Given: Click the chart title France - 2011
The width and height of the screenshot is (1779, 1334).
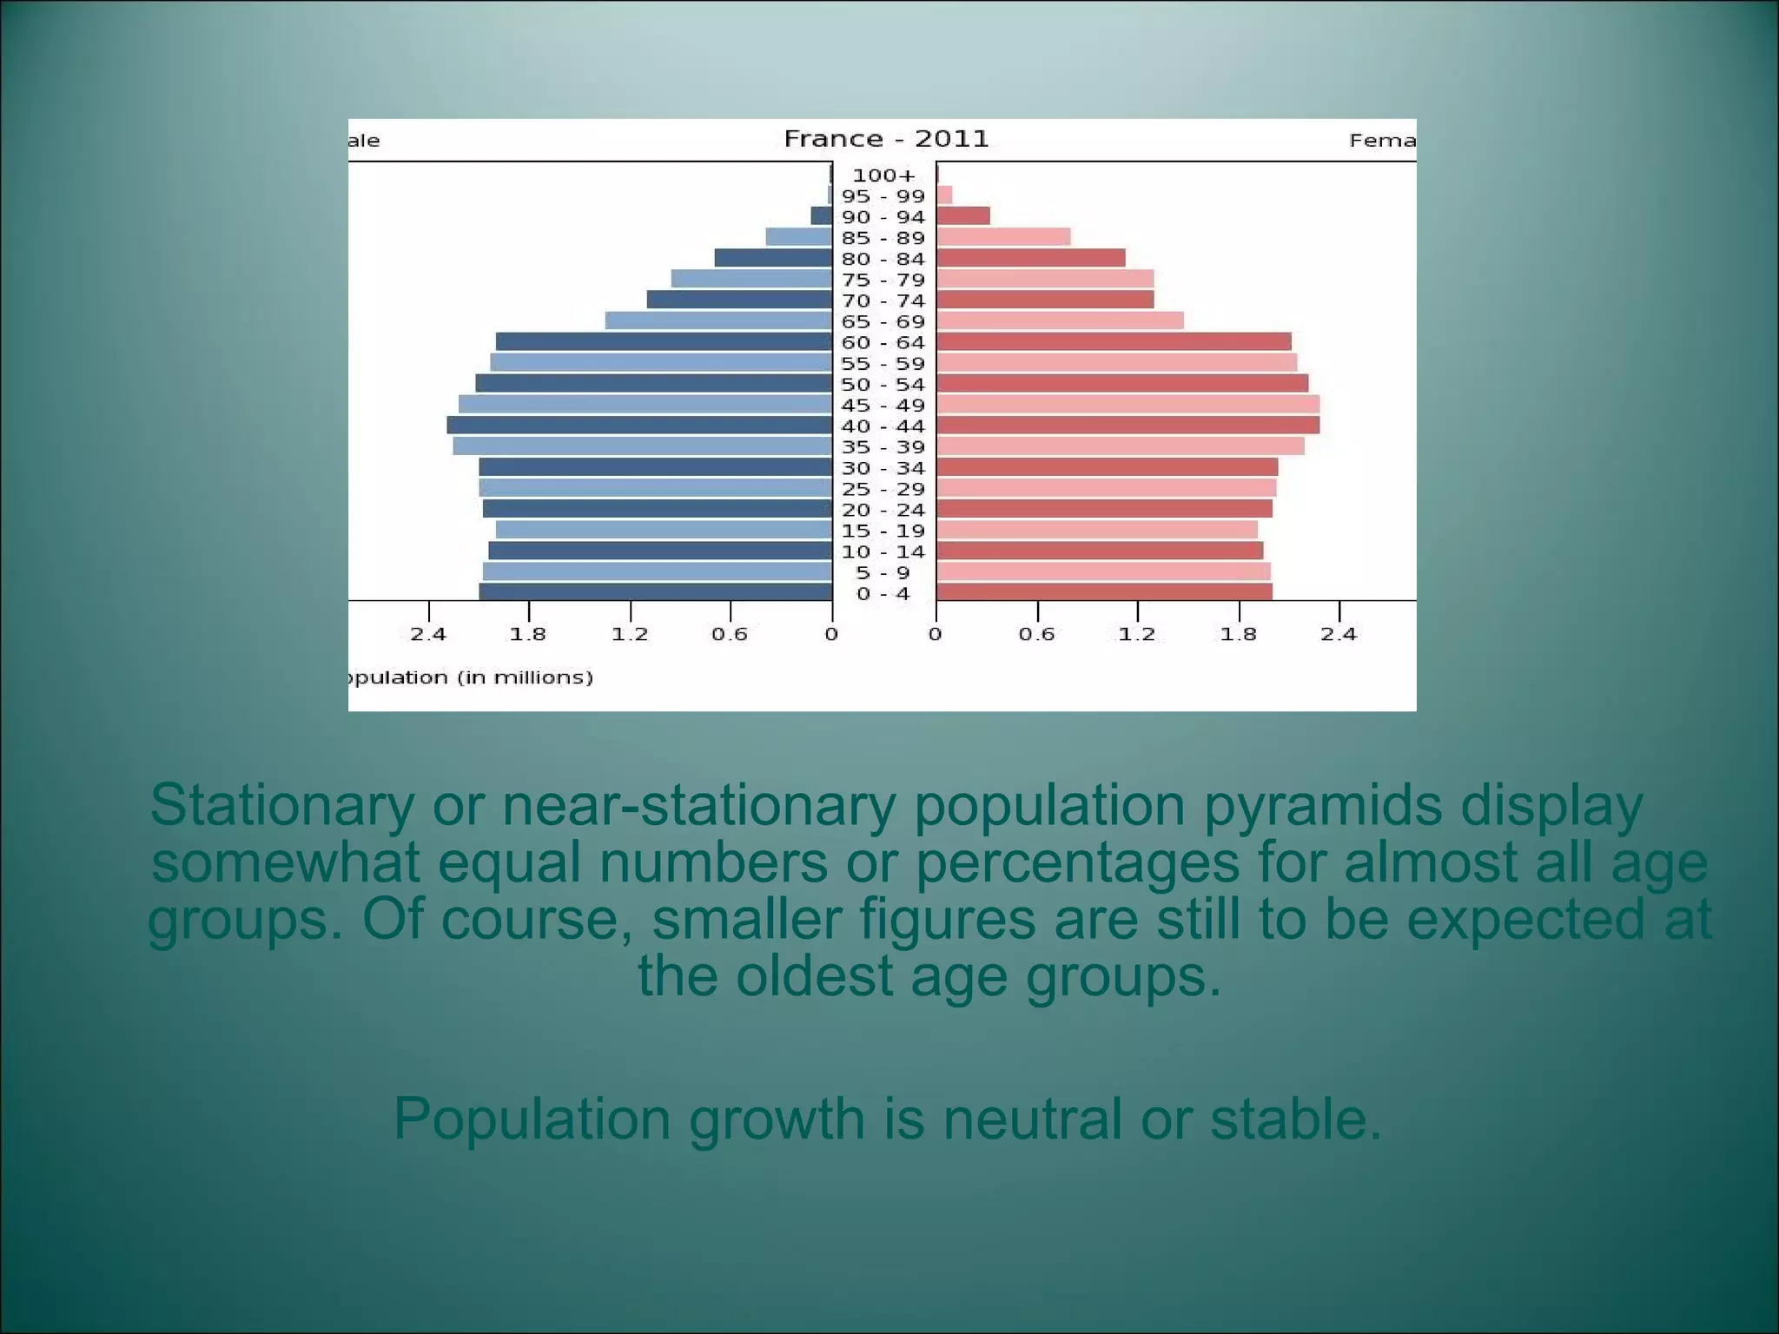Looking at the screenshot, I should [886, 139].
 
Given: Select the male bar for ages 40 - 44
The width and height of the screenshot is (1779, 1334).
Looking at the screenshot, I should [639, 426].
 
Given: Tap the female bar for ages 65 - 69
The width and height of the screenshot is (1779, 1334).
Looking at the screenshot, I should [1060, 320].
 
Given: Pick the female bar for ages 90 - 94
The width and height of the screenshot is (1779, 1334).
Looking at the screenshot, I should [963, 216].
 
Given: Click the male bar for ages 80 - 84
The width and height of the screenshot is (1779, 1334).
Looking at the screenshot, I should [773, 258].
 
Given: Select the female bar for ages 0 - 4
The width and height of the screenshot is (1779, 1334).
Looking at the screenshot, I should [1104, 592].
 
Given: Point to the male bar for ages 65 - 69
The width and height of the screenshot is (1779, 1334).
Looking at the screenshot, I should [718, 320].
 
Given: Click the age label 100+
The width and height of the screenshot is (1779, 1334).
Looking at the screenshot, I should [883, 175].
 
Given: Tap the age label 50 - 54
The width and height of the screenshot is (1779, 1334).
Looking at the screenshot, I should [883, 385].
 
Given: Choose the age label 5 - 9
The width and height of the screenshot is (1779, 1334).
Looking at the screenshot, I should [883, 573].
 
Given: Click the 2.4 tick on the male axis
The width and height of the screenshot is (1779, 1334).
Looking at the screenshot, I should [428, 634].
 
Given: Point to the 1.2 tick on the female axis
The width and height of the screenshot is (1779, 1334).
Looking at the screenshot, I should [1137, 634].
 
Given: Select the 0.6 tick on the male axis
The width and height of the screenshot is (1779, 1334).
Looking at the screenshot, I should [730, 634].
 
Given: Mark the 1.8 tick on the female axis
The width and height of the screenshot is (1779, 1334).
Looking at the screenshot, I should [1238, 634].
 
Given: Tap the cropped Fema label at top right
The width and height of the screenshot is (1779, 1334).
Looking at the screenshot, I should [1382, 141].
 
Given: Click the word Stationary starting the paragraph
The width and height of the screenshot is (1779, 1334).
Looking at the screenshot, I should [281, 805].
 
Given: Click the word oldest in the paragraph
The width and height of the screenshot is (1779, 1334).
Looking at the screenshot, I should [814, 975].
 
